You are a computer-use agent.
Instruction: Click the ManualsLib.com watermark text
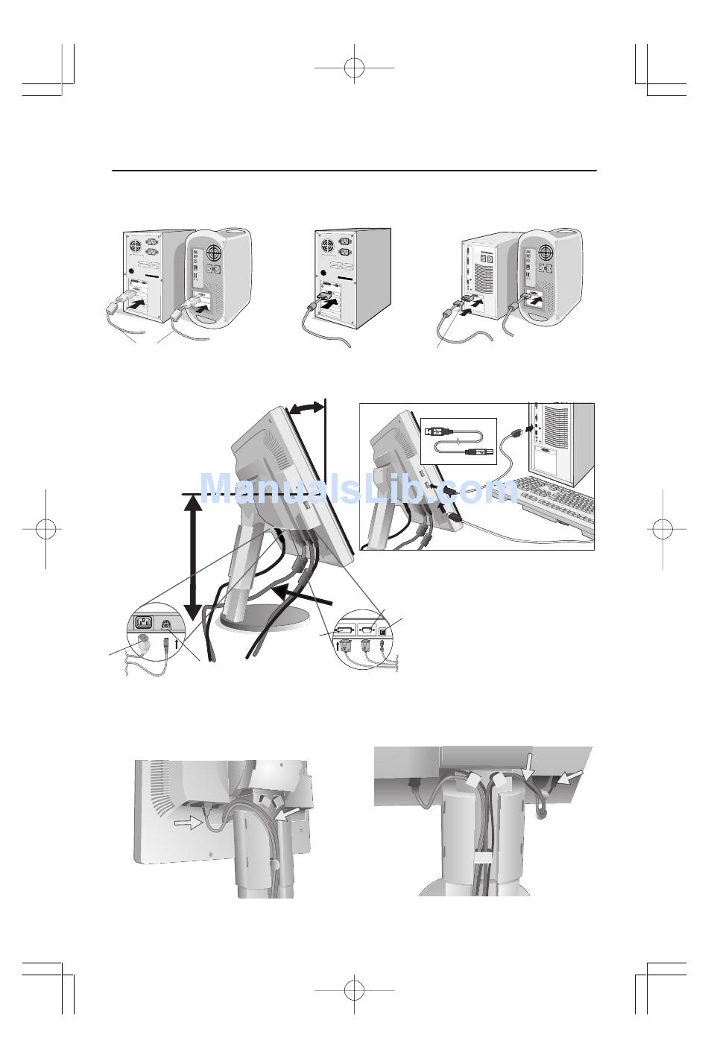pos(359,488)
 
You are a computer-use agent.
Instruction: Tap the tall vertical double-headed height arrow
pos(192,558)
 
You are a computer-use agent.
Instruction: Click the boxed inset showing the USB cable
pos(458,440)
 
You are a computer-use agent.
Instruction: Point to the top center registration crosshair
pos(354,68)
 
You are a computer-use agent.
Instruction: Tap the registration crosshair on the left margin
pos(45,529)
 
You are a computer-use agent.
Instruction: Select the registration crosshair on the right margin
pos(663,529)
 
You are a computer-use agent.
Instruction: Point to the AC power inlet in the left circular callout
pos(145,623)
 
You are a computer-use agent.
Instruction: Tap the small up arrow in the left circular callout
pos(177,644)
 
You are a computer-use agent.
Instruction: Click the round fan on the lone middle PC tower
pos(328,246)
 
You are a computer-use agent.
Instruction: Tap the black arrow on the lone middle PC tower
pos(332,301)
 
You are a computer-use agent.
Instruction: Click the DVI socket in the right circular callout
pos(344,630)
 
